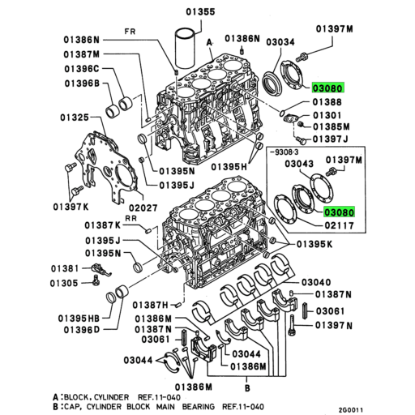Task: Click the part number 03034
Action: tap(280, 41)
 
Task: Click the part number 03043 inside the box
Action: tap(301, 165)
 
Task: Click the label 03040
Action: tap(317, 282)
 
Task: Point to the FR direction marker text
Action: tap(130, 33)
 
